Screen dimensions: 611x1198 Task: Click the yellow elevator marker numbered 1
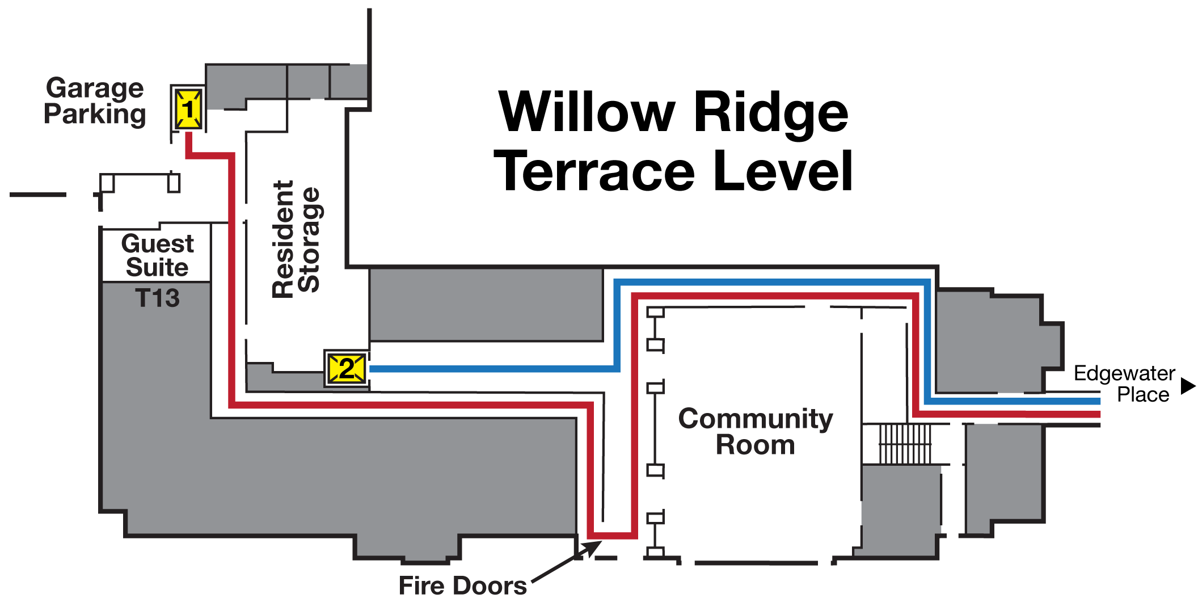tap(188, 108)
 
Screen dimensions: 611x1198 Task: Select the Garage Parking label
tap(95, 101)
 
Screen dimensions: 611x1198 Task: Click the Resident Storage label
tap(296, 239)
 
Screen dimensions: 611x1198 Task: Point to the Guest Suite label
tap(157, 255)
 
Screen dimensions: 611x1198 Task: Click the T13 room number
tap(157, 298)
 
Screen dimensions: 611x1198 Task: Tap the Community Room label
tap(756, 432)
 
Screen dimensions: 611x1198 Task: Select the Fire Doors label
tap(462, 585)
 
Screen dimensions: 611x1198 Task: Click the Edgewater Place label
tap(1124, 384)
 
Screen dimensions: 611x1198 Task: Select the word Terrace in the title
tap(594, 171)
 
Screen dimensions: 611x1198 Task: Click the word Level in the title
tap(783, 171)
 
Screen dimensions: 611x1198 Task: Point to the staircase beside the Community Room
tap(905, 444)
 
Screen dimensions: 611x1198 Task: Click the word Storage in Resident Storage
tap(310, 239)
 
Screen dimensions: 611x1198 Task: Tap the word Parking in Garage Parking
tap(95, 114)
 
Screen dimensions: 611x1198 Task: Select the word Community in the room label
tap(756, 419)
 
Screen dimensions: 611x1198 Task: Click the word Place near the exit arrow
tap(1143, 395)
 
